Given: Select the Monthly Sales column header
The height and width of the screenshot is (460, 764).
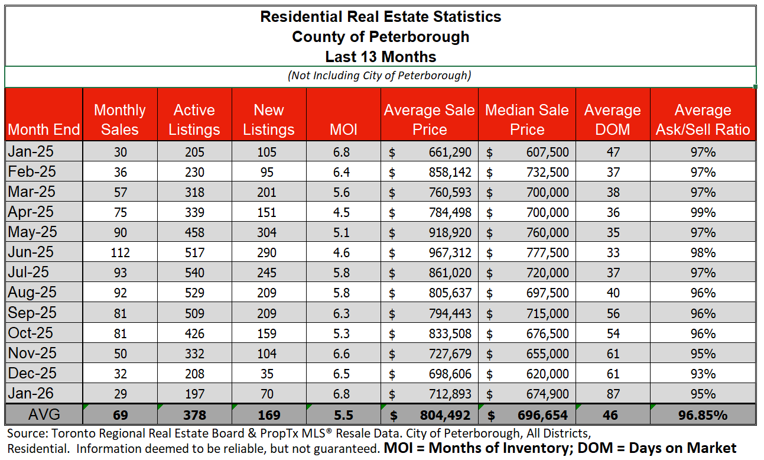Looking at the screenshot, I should point(120,120).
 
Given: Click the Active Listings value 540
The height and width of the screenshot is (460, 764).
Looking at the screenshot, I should point(194,273).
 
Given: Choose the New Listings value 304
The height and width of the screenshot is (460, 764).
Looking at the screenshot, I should point(266,232).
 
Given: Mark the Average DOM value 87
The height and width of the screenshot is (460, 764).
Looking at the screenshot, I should point(613,394).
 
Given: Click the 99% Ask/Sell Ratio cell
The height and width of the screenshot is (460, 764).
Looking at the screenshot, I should point(703,212).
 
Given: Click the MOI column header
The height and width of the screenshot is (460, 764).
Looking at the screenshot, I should point(343,129).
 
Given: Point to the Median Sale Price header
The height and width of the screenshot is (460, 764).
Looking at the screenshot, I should point(527,120).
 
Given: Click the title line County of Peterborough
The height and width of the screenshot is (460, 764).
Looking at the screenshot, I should point(381,37).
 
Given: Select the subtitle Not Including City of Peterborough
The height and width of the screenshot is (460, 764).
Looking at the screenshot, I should point(379,75).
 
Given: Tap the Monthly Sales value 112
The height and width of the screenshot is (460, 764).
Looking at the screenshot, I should point(120,252).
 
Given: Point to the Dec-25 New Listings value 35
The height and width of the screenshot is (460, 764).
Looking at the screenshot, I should point(266,374).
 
